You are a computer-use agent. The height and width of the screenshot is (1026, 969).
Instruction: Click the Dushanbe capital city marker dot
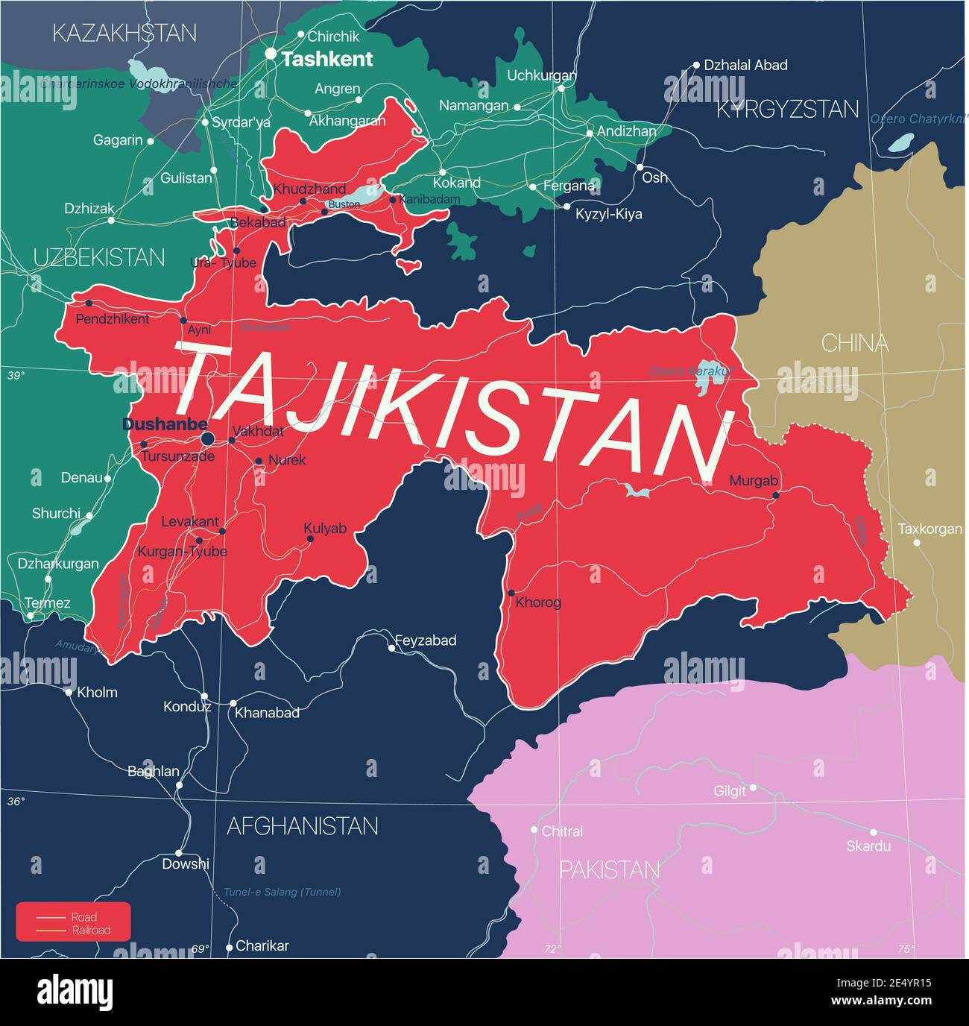(x=208, y=438)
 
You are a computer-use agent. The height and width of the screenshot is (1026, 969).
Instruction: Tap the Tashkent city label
(x=327, y=60)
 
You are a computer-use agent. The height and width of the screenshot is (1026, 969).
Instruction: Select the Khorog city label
(x=538, y=602)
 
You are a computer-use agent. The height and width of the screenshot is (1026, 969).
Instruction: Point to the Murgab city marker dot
(x=776, y=495)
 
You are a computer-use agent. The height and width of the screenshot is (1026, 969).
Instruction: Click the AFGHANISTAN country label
(x=302, y=826)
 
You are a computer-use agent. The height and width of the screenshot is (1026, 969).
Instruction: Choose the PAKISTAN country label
(x=609, y=870)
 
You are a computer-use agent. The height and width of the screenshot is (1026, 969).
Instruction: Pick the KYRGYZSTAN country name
(x=787, y=110)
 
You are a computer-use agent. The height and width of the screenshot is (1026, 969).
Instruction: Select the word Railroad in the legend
(x=91, y=930)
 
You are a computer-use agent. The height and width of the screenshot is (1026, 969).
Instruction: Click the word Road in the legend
(x=84, y=917)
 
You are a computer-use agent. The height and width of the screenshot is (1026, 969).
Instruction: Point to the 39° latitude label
(x=16, y=376)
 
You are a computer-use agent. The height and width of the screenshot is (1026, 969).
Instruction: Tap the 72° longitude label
(x=552, y=949)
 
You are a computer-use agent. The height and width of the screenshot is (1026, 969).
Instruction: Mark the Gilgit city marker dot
(x=753, y=787)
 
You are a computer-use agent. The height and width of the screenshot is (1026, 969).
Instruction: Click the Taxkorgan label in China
(x=929, y=529)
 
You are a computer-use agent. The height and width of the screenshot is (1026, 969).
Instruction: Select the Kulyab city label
(x=325, y=528)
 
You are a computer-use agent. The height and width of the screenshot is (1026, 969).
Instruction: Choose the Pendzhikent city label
(x=113, y=318)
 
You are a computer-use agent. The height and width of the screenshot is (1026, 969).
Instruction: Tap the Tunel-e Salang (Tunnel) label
(x=282, y=892)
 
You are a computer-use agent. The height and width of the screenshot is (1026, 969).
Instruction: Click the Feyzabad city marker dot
(x=392, y=648)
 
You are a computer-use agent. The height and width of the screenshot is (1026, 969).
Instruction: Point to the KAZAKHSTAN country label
(x=124, y=33)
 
